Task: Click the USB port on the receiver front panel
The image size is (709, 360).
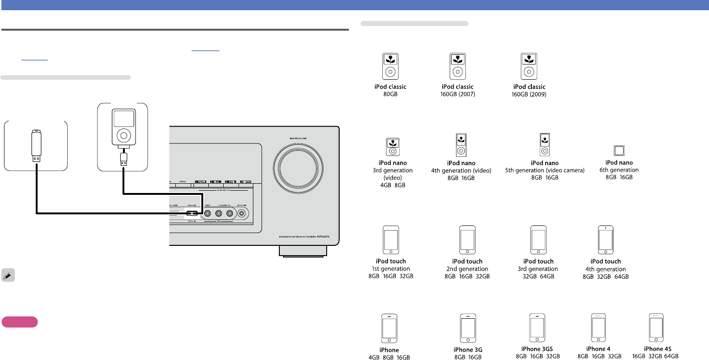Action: (191, 213)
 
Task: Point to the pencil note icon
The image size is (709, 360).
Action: (8, 275)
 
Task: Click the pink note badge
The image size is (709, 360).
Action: (19, 322)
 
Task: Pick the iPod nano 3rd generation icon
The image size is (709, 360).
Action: (392, 146)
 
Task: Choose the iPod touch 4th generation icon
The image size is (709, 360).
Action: (606, 239)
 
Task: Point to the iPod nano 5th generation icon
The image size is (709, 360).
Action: (544, 144)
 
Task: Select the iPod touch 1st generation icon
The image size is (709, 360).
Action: (391, 239)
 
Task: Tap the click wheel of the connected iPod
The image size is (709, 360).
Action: (123, 135)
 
